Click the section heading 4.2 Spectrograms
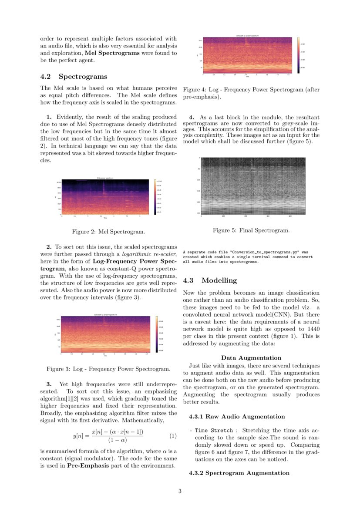(74, 77)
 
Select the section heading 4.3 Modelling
(210, 280)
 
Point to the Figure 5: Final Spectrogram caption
(251, 230)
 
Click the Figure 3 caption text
(108, 369)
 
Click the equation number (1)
(172, 436)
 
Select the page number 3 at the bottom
(180, 491)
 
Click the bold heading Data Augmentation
(251, 358)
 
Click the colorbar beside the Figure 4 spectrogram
(298, 55)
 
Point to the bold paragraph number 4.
(192, 118)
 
